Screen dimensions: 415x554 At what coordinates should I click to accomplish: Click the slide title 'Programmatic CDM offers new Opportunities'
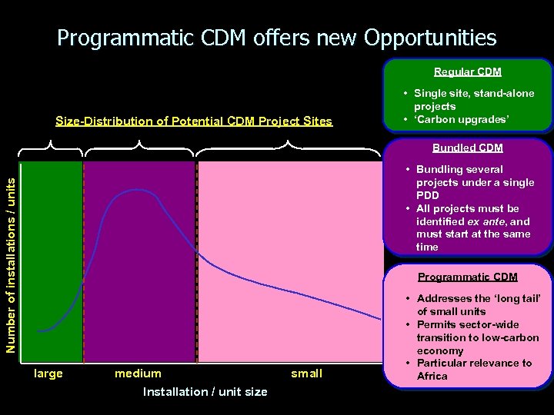(x=277, y=37)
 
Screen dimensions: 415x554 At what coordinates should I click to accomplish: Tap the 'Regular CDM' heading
(x=467, y=71)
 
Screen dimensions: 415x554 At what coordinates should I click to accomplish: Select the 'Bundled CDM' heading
(x=467, y=148)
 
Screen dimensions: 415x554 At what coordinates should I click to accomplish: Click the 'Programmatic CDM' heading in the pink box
(x=467, y=277)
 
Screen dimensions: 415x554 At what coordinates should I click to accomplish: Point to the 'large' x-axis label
(x=49, y=373)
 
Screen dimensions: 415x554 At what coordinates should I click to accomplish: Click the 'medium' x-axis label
(x=138, y=373)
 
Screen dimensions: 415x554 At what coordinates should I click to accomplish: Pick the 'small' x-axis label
(x=306, y=373)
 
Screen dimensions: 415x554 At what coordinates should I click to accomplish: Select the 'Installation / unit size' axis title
(x=205, y=392)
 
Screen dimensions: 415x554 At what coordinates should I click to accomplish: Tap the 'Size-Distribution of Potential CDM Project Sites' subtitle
(x=194, y=121)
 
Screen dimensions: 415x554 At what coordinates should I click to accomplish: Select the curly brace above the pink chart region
(x=288, y=146)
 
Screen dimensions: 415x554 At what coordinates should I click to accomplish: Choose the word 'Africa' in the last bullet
(x=432, y=377)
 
